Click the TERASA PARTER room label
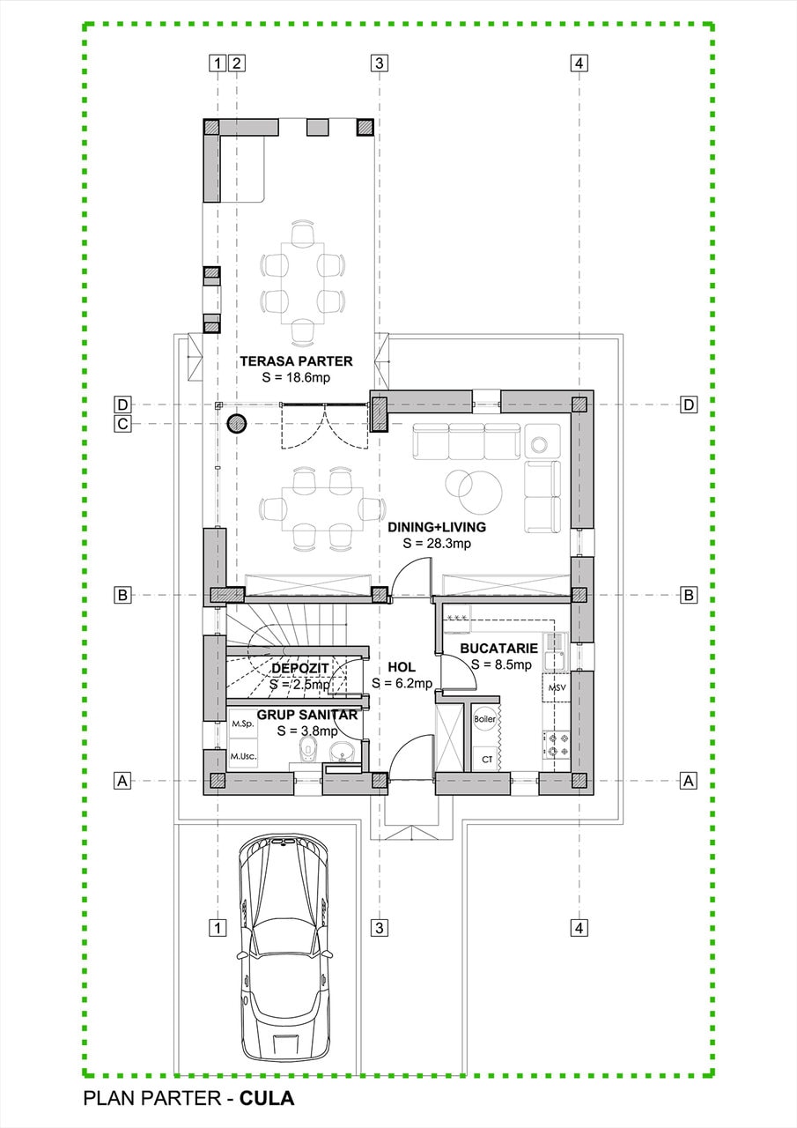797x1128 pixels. click(296, 360)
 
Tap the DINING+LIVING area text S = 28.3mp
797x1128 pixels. click(437, 543)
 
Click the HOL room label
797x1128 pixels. click(402, 667)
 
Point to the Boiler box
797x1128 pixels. click(485, 719)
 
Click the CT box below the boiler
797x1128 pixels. click(486, 758)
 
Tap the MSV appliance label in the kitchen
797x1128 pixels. click(557, 686)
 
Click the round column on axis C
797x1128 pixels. click(236, 424)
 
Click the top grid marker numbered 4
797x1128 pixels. click(579, 63)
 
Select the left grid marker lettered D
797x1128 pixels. click(123, 404)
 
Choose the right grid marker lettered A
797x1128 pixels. click(689, 781)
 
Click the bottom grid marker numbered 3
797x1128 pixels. click(379, 927)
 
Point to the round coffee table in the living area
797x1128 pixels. click(474, 487)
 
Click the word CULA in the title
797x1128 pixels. click(266, 1099)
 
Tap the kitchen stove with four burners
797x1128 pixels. click(556, 746)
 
